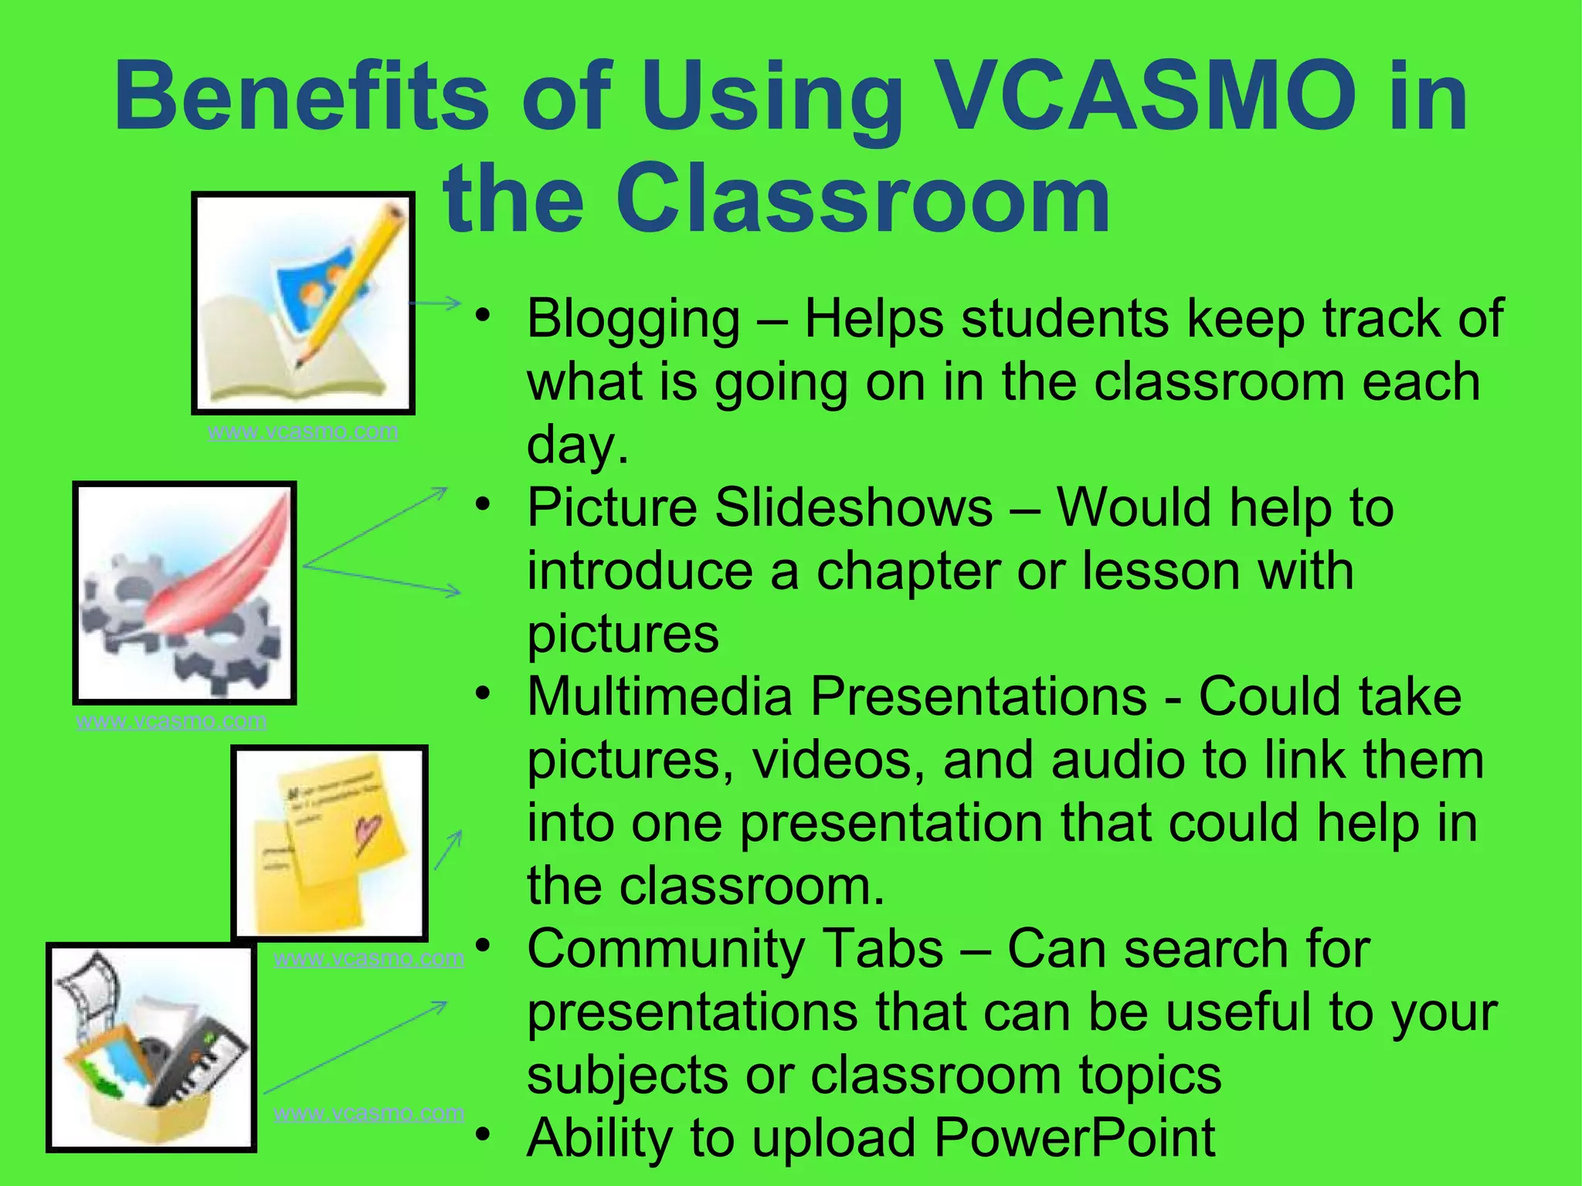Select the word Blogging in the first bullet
click(x=633, y=319)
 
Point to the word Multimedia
click(x=660, y=697)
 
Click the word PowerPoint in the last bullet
click(x=1074, y=1138)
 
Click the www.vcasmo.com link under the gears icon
click(x=171, y=721)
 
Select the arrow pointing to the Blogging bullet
click(x=436, y=303)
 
